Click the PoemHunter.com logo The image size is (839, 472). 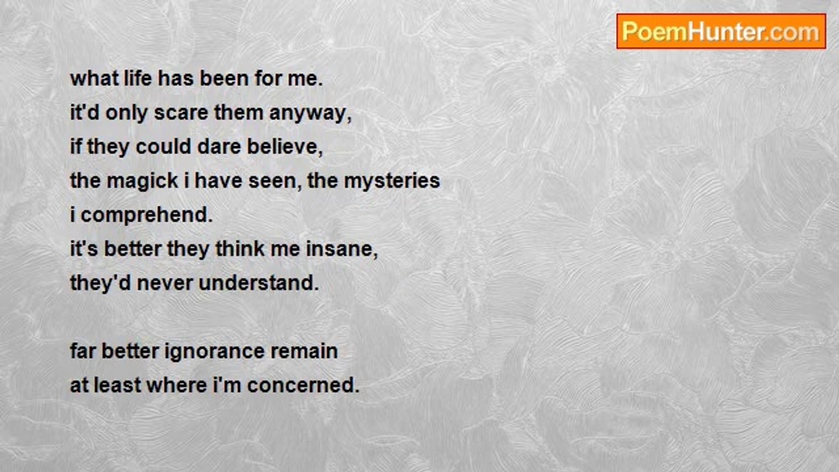pyautogui.click(x=721, y=31)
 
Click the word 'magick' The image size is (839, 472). pyautogui.click(x=142, y=181)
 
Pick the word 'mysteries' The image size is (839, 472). pyautogui.click(x=392, y=182)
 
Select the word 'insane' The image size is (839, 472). pyautogui.click(x=340, y=249)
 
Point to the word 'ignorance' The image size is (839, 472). pyautogui.click(x=214, y=352)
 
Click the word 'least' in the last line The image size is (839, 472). pyautogui.click(x=117, y=385)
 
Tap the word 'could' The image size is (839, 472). pyautogui.click(x=163, y=146)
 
